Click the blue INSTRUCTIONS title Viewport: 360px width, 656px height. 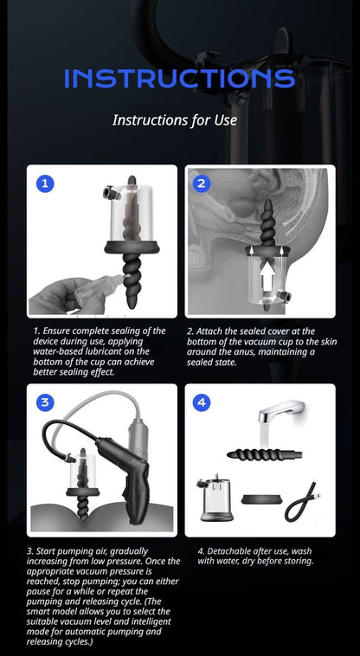point(179,78)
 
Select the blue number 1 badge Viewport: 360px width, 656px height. point(45,183)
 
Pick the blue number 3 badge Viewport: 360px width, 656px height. point(45,402)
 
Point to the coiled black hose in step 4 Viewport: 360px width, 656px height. point(306,502)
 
